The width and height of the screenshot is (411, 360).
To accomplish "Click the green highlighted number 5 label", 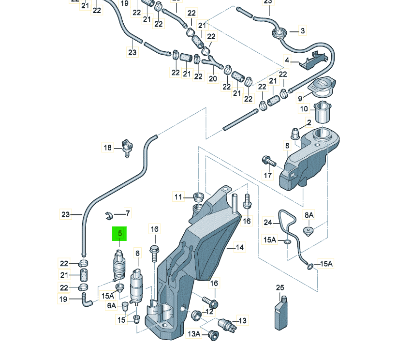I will [x=119, y=234].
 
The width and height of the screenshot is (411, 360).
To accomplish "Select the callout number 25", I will [x=280, y=288].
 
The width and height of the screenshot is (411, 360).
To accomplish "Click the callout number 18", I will [x=107, y=147].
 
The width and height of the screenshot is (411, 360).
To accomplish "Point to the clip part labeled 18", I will [x=127, y=147].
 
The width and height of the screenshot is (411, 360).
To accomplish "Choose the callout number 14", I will [x=240, y=247].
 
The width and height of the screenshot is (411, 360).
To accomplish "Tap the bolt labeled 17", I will [x=266, y=160].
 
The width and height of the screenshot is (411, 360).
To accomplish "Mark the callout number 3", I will [x=303, y=31].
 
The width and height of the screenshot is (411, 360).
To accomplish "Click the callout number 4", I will [x=287, y=60].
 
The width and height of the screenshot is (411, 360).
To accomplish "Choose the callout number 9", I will [x=300, y=98].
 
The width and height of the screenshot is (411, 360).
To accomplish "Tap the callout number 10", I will [x=304, y=109].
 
